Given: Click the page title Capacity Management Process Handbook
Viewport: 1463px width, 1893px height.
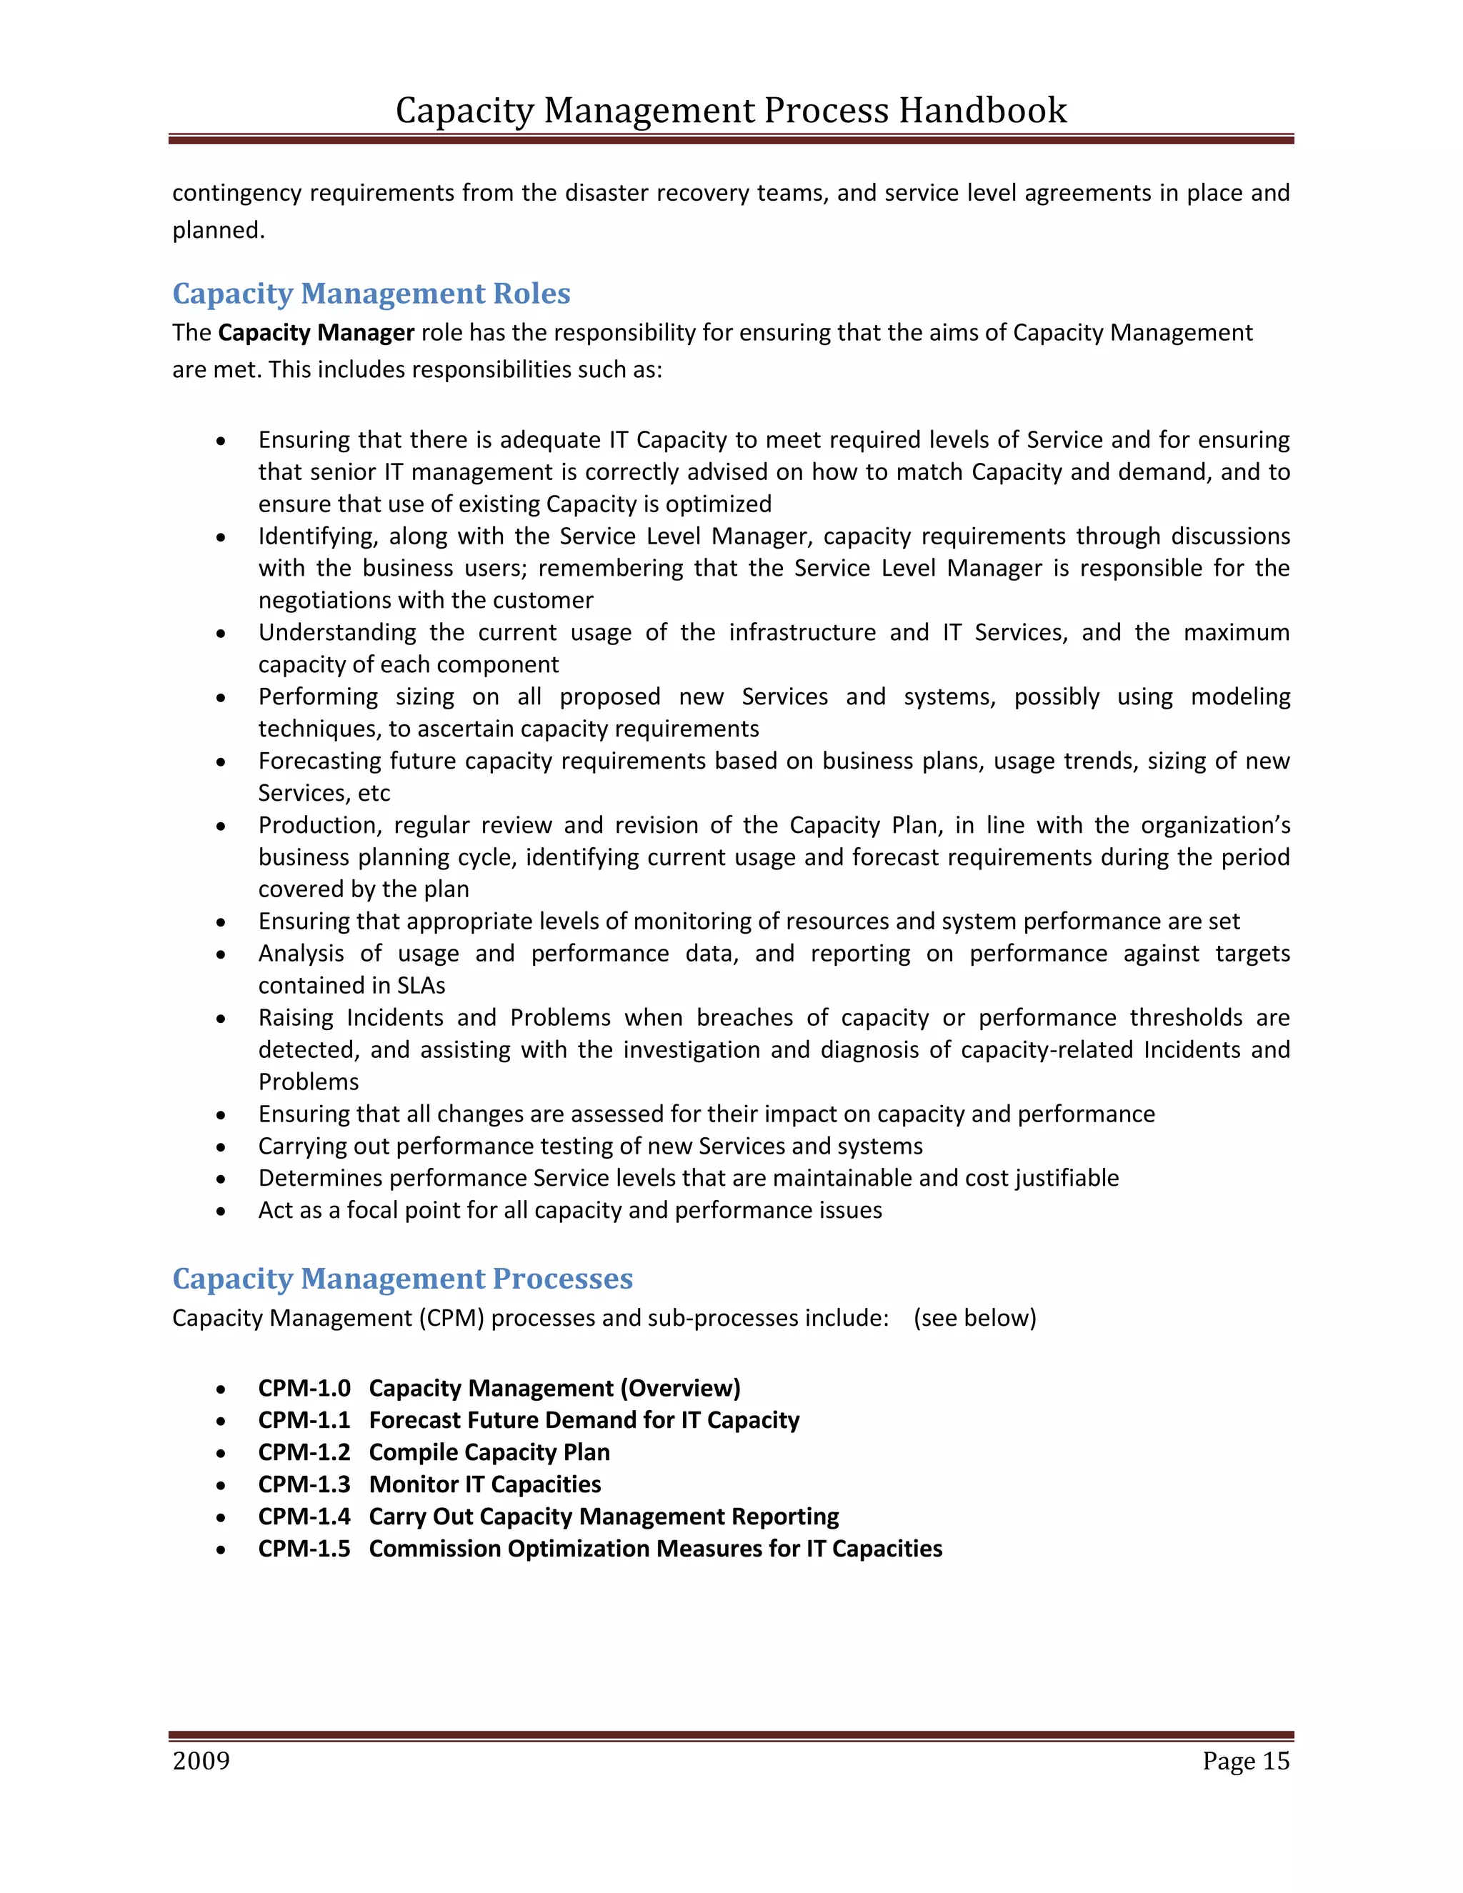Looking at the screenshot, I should coord(731,111).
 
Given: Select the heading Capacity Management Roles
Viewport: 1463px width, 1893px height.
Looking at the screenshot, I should coord(371,293).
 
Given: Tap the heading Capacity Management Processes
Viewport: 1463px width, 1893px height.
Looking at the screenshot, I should coord(402,1279).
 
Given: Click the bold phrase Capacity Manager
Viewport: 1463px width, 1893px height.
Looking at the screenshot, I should coord(316,333).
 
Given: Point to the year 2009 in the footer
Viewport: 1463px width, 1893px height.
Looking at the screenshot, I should coord(201,1762).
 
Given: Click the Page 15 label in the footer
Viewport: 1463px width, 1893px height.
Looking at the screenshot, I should coord(1245,1762).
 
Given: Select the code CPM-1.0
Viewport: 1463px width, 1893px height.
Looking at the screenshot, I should coord(304,1388).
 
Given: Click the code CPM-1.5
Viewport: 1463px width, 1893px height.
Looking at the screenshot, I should coord(304,1548).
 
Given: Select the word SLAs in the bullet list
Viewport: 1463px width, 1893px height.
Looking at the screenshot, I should coord(421,986).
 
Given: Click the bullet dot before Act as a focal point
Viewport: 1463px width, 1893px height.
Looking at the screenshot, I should coord(222,1212).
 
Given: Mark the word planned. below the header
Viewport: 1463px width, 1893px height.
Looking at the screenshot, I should coord(219,231).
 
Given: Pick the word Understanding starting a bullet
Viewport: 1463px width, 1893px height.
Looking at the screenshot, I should coord(337,633).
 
